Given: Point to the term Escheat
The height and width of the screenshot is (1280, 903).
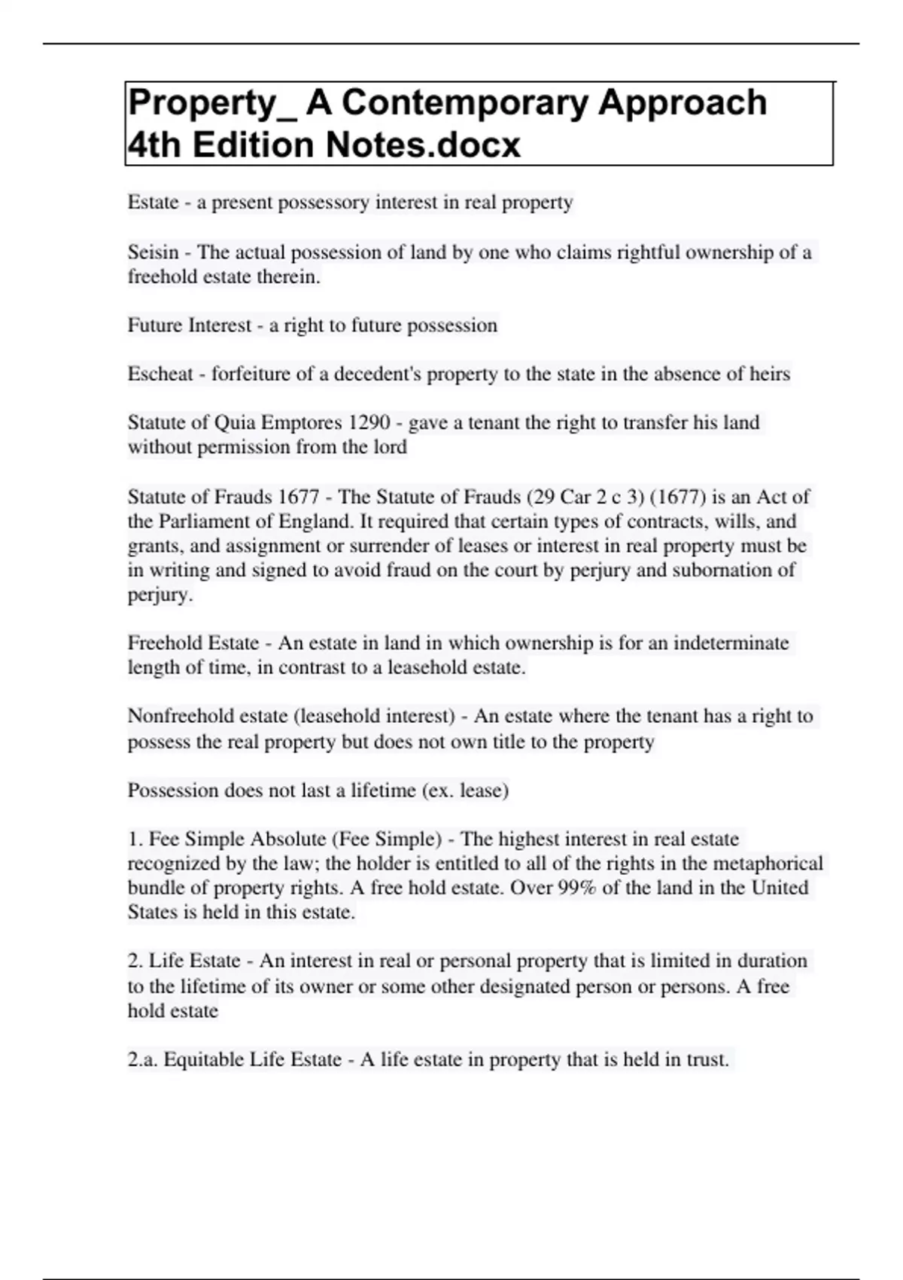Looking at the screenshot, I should click(160, 374).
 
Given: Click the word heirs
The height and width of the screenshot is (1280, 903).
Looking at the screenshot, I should click(769, 374).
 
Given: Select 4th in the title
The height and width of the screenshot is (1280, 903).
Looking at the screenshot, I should click(154, 145).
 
